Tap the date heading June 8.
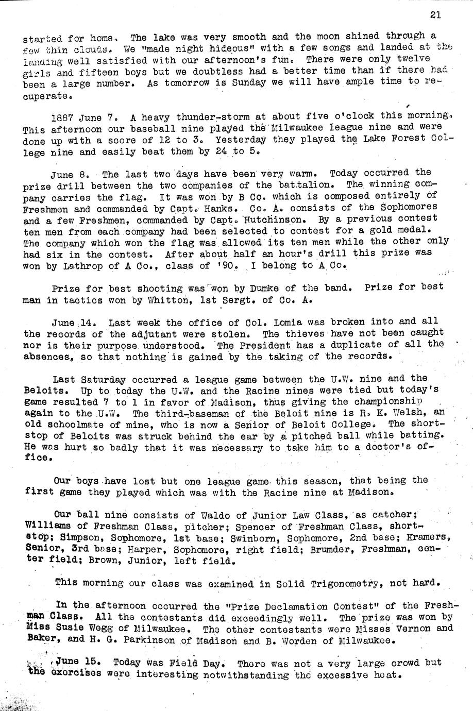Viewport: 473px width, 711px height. click(78, 174)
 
